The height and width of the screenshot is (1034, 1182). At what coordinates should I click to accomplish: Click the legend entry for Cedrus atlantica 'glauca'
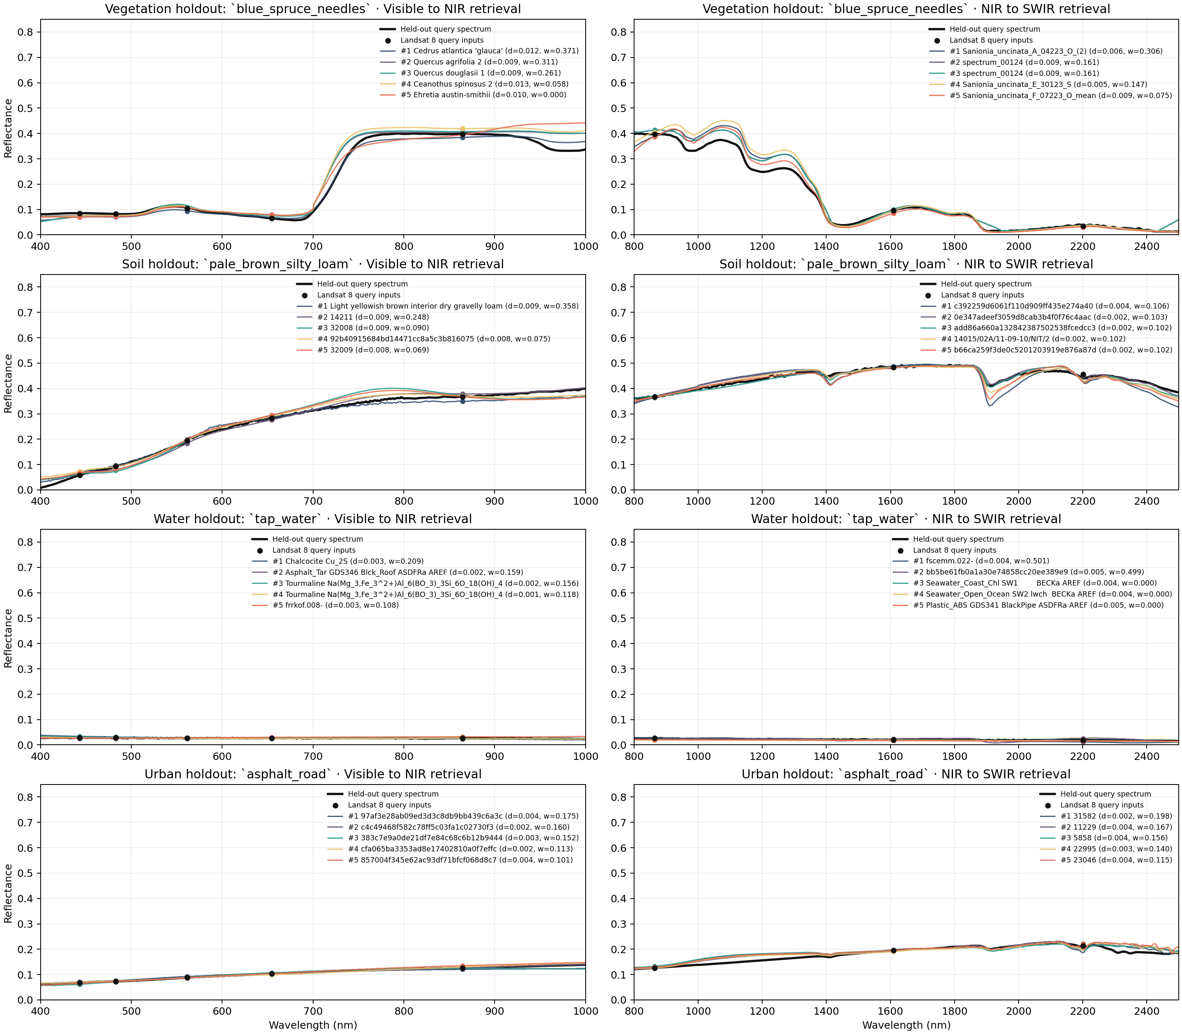489,51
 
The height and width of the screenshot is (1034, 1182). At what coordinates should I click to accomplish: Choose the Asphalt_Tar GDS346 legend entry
398,572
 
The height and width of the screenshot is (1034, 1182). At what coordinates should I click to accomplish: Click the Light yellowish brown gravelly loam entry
448,306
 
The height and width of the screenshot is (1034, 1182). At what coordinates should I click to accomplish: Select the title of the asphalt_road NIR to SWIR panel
905,774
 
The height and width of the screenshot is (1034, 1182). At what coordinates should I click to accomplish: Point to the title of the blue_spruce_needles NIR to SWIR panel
905,9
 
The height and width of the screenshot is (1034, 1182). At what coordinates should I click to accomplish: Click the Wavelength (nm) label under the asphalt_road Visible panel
312,1025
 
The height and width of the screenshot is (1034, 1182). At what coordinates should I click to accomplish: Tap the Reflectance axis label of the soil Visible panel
8,383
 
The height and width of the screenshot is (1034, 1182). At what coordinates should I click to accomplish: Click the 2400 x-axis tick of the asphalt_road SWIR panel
1146,1011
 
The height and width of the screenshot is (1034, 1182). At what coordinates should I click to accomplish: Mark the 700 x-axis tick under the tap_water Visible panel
313,756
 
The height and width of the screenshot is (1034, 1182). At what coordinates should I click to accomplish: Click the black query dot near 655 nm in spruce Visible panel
272,218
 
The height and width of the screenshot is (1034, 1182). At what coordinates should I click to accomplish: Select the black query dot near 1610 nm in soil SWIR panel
893,367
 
